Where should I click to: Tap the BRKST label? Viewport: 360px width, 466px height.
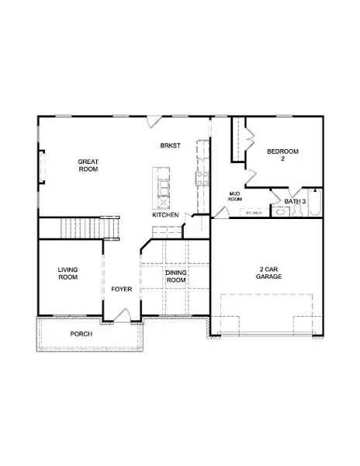170,145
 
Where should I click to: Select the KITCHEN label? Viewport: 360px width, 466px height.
165,214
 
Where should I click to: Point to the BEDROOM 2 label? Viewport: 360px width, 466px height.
282,154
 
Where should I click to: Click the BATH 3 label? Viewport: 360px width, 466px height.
295,202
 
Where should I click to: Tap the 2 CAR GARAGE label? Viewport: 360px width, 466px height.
268,273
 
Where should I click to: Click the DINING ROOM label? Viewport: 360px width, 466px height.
175,277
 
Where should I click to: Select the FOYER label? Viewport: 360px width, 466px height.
121,289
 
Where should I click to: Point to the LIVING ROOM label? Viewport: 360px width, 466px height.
68,273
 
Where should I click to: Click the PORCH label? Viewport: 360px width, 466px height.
81,334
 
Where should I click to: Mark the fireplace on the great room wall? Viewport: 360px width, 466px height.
43,166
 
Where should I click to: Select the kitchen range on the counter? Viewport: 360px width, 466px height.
202,177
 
